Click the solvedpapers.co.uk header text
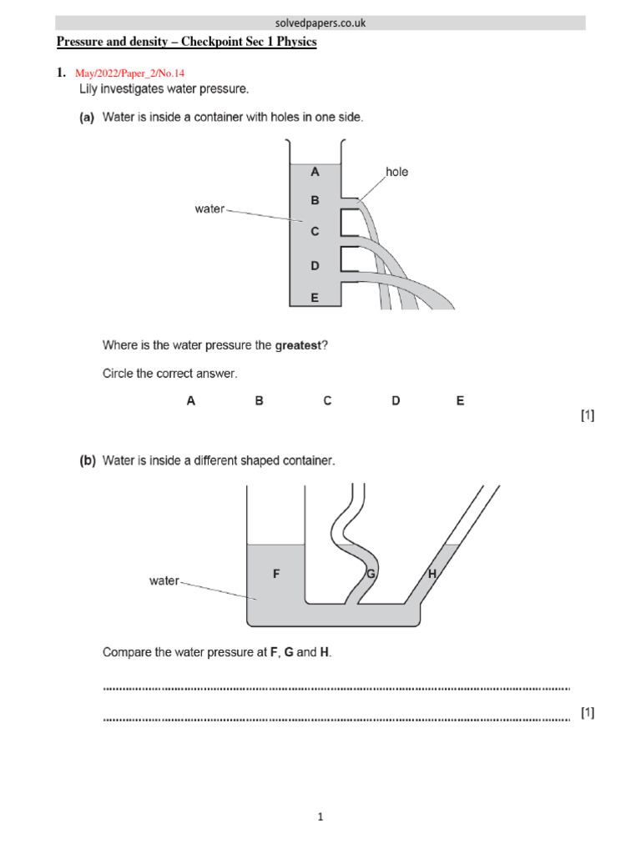320,23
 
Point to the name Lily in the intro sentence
91,88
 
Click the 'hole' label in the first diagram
396,172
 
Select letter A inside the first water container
315,172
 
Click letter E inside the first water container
315,296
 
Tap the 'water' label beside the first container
209,208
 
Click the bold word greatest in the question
298,344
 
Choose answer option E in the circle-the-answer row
460,400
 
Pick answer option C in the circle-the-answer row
327,400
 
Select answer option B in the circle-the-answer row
259,400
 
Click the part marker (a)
87,118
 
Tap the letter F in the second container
276,574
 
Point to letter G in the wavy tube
371,574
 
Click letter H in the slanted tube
432,574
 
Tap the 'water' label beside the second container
164,580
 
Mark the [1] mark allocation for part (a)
587,415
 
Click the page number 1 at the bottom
320,817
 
